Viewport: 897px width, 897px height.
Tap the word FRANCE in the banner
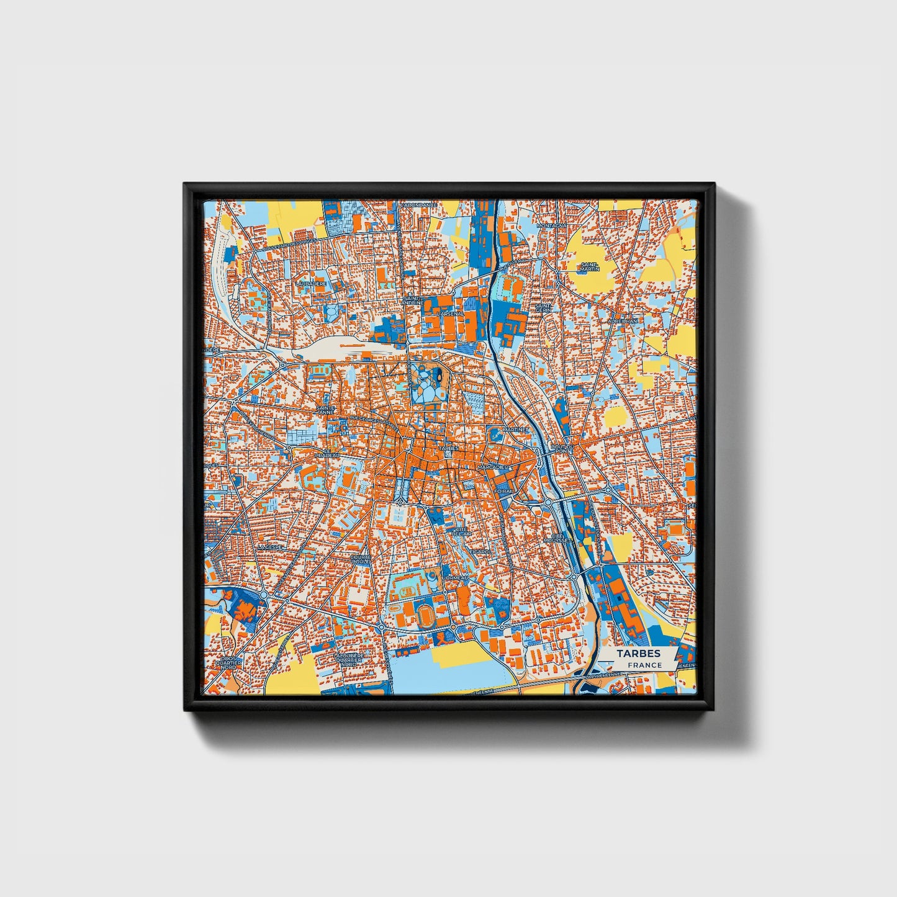[644, 665]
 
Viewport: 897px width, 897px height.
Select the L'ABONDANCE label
[419, 205]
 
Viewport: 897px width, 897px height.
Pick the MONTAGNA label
[552, 225]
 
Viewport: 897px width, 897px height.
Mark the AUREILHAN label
[623, 321]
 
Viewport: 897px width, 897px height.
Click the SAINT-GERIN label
[544, 308]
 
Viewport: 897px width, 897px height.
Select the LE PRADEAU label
[327, 453]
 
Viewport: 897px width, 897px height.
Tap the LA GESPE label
[271, 547]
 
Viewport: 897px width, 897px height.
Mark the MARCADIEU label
[493, 466]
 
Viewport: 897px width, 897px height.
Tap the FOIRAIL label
[503, 490]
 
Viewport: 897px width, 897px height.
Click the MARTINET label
[515, 429]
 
